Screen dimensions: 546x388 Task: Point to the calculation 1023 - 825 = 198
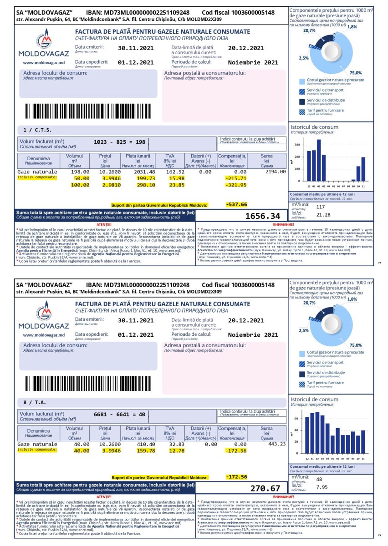(119, 142)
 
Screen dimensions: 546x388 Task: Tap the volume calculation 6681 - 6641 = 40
(119, 415)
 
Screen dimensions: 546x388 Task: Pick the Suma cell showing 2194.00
(276, 172)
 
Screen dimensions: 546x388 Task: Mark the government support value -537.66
(236, 205)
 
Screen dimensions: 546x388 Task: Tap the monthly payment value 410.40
(146, 444)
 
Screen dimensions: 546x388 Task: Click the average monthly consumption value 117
(320, 207)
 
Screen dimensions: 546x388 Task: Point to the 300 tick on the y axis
(297, 145)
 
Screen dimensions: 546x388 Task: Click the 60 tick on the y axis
(296, 418)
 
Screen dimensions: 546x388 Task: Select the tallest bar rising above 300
(319, 160)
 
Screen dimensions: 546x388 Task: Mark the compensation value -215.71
(236, 178)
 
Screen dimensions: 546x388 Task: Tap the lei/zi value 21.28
(323, 214)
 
